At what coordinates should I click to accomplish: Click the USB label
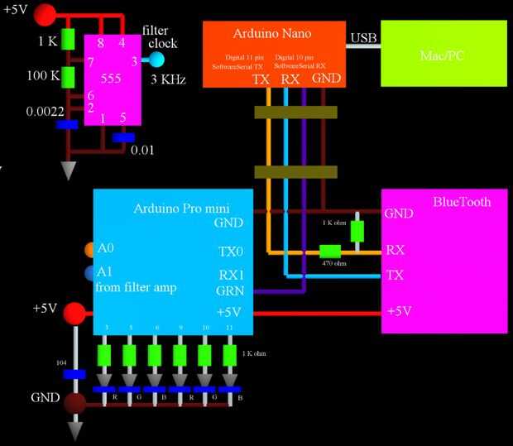[x=364, y=37]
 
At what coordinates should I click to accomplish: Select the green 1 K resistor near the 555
[x=69, y=39]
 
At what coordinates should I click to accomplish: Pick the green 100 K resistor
[x=69, y=77]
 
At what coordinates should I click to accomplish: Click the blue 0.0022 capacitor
[x=68, y=125]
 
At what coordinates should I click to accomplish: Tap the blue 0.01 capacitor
[x=123, y=137]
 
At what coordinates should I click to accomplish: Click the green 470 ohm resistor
[x=330, y=251]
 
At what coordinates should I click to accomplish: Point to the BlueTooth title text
[x=462, y=202]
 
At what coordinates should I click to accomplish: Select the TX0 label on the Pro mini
[x=230, y=250]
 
